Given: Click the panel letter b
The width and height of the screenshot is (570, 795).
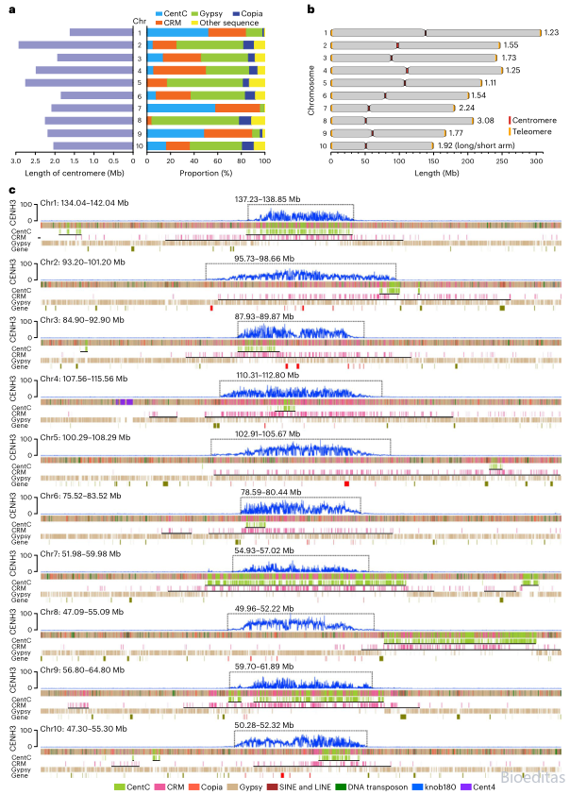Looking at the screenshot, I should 312,9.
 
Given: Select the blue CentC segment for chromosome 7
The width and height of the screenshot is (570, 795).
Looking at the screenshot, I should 174,108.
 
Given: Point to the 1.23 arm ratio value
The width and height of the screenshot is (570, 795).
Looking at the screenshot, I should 552,32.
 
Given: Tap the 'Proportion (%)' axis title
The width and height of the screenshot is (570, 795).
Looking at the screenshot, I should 206,172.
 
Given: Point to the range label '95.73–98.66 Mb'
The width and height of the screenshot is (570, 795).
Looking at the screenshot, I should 302,258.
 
